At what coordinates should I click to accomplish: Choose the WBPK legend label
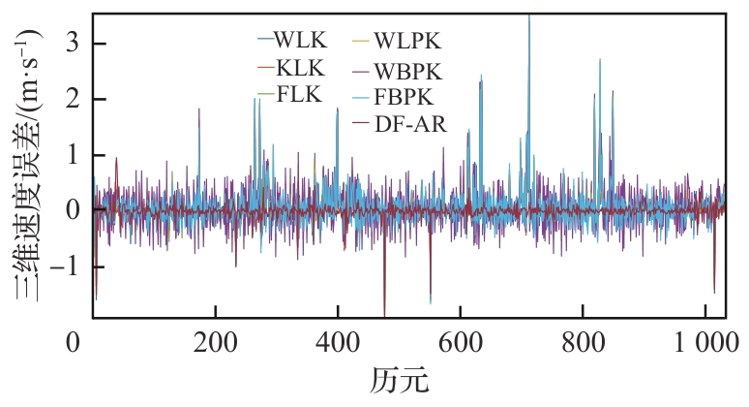[x=409, y=70]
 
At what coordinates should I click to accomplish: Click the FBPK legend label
[x=408, y=96]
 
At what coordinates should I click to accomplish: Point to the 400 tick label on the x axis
[x=337, y=341]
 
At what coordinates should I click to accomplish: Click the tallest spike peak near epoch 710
[x=529, y=17]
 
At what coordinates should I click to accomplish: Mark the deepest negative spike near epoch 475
[x=384, y=314]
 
